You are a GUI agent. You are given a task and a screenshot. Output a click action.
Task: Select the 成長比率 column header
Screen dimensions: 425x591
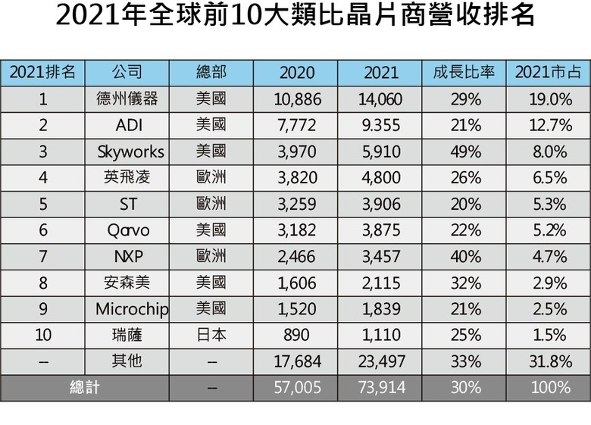464,73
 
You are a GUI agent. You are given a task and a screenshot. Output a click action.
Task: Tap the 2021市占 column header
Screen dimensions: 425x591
549,73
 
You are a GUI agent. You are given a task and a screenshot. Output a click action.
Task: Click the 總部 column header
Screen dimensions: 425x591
211,73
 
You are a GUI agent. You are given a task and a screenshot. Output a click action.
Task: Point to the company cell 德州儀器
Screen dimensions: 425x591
127,99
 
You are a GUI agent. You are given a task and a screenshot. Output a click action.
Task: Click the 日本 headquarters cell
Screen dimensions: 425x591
211,335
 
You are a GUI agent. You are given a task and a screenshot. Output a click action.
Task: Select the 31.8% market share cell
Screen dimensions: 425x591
549,361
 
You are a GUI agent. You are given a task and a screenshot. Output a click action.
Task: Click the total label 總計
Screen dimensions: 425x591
85,387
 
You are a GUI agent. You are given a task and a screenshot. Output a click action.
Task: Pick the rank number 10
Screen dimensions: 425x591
43,335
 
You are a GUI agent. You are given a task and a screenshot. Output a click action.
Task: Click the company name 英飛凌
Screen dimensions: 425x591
127,178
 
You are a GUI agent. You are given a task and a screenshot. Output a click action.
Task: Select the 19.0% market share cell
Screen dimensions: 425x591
549,99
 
